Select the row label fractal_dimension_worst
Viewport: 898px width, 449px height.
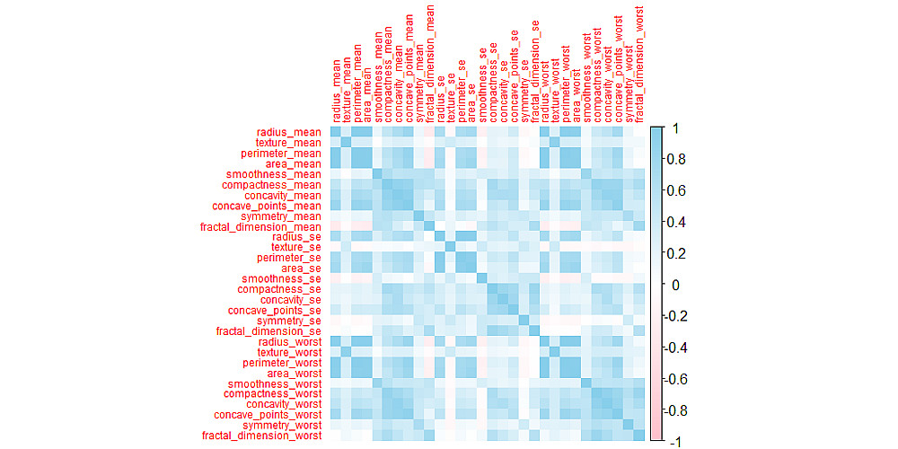pos(260,436)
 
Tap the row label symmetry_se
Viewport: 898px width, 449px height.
pos(289,321)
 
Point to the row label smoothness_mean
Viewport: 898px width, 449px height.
pos(274,174)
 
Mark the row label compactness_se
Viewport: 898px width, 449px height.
pos(279,289)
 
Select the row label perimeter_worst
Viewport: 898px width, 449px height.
pos(282,363)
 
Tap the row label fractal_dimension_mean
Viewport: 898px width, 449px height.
pos(260,226)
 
